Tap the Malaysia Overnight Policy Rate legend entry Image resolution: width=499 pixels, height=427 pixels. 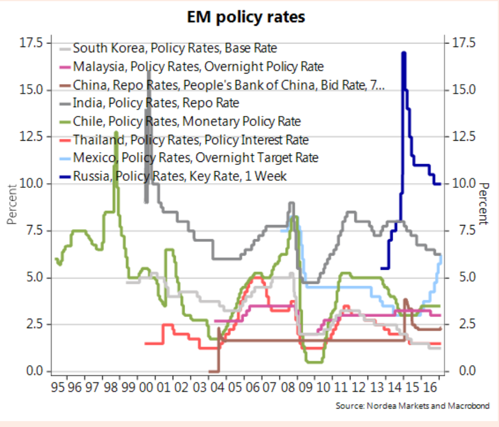coord(198,67)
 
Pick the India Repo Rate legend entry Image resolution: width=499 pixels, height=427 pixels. coord(156,103)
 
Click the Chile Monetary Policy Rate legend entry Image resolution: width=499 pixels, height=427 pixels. coord(186,121)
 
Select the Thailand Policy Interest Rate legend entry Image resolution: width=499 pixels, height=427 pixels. coord(190,140)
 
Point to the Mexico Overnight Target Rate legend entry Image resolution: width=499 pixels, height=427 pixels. coord(195,158)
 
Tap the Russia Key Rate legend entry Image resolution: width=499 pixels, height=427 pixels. coord(180,176)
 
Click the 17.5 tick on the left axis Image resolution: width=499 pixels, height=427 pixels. coord(31,43)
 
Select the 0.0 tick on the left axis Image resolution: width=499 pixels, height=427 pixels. coord(34,371)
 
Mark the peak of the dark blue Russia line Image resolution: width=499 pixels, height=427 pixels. coord(404,53)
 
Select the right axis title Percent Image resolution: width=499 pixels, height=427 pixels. coord(483,204)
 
